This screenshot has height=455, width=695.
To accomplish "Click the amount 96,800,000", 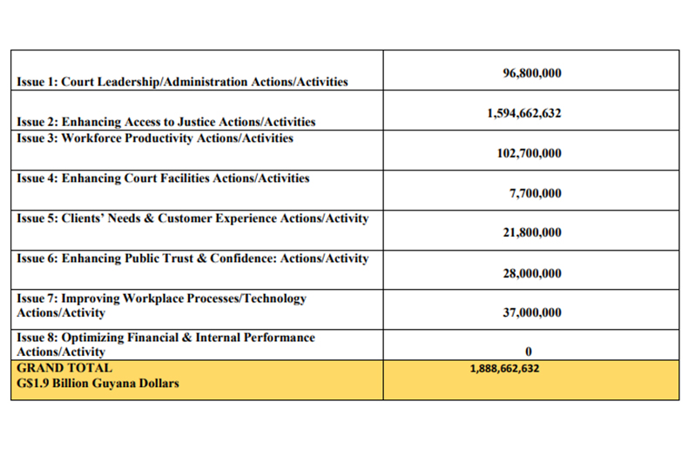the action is (x=532, y=73).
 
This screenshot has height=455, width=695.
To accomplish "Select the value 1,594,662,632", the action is (x=524, y=113).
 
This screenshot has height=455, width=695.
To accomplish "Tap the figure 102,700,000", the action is (x=529, y=153).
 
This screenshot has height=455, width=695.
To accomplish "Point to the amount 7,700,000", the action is (x=535, y=193).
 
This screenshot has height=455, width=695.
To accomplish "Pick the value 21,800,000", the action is (x=532, y=232).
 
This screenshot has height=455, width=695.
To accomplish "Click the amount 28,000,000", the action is (x=532, y=273).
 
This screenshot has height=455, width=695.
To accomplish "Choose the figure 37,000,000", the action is (x=532, y=312).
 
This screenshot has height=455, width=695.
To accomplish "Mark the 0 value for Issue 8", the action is (x=529, y=351).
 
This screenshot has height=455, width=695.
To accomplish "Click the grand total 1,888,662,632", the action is (x=504, y=368).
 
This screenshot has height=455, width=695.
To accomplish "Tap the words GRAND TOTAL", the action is (x=64, y=368).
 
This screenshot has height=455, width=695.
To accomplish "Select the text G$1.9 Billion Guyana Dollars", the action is (x=98, y=383).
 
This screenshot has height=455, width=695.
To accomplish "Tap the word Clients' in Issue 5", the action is (x=83, y=218).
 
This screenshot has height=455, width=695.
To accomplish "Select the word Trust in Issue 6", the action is (x=178, y=258).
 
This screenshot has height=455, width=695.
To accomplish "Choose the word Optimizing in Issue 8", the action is (x=92, y=338).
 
